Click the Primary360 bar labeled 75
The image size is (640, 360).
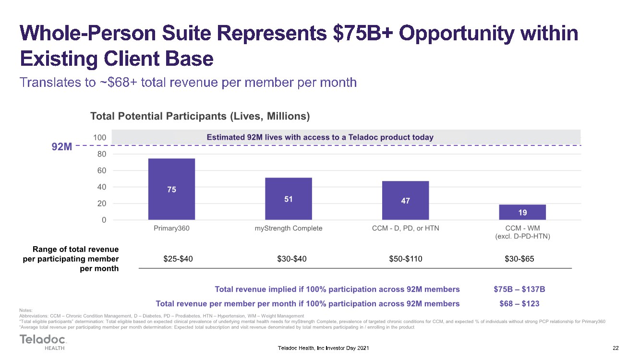point(171,189)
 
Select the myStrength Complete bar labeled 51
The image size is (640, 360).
point(288,199)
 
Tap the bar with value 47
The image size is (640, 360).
point(405,200)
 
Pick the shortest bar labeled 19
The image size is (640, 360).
point(522,212)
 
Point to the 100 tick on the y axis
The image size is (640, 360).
point(99,138)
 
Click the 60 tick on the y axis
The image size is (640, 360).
point(101,170)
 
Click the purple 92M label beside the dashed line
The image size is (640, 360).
point(62,146)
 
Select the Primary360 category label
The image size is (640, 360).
point(171,228)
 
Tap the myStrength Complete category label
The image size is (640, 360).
point(288,228)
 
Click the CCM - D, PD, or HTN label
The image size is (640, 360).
point(405,228)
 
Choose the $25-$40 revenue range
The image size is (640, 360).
point(178,259)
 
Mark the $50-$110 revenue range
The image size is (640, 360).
point(405,259)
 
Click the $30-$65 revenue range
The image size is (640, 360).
point(519,259)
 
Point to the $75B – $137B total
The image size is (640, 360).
point(519,289)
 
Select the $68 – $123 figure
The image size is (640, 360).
point(519,303)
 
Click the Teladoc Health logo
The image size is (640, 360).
point(43,342)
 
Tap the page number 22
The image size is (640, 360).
point(616,348)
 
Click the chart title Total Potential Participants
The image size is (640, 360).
point(200,116)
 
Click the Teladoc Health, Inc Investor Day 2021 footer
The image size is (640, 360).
point(323,348)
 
